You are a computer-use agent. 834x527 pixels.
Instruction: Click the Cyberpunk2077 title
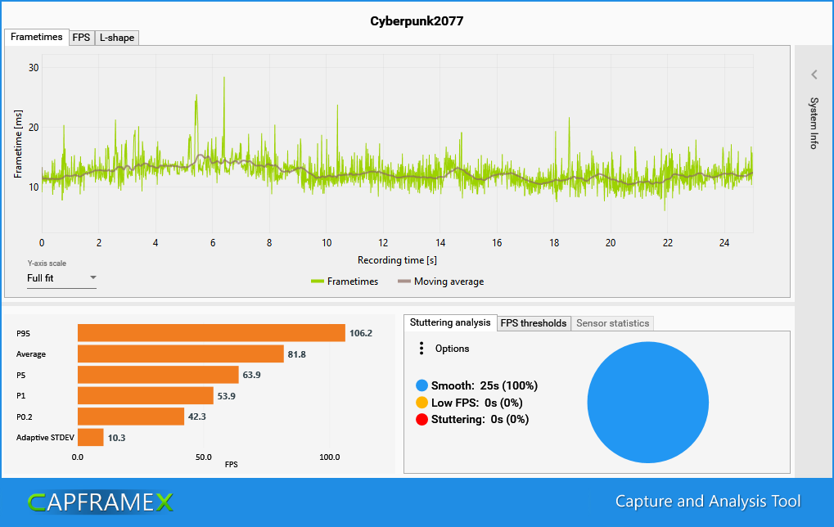coord(417,21)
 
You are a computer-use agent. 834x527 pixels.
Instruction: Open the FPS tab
coord(81,38)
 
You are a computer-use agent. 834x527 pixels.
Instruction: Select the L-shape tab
coord(116,38)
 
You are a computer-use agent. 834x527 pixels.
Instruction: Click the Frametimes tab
coord(37,38)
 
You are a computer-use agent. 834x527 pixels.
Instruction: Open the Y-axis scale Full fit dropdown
coord(61,278)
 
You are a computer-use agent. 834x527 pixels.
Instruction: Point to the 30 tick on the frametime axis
coord(34,68)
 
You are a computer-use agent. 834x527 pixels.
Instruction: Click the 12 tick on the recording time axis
coord(383,243)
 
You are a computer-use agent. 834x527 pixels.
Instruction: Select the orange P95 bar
coord(211,333)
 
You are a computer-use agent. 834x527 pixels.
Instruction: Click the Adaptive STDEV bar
coord(90,438)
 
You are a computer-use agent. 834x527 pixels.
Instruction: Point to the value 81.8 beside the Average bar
coord(296,354)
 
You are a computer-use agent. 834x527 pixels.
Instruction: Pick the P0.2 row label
coord(25,417)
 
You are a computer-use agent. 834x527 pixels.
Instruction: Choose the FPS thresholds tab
coord(534,323)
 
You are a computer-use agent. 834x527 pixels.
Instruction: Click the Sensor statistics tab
coord(612,323)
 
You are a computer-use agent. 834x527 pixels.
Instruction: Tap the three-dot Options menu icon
coord(422,349)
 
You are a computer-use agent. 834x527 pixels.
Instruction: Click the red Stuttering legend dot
coord(422,420)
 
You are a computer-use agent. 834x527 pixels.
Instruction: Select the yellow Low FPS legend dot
coord(422,403)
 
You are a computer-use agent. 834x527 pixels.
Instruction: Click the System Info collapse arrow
coord(814,74)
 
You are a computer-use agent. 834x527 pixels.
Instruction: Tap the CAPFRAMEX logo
coord(100,502)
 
